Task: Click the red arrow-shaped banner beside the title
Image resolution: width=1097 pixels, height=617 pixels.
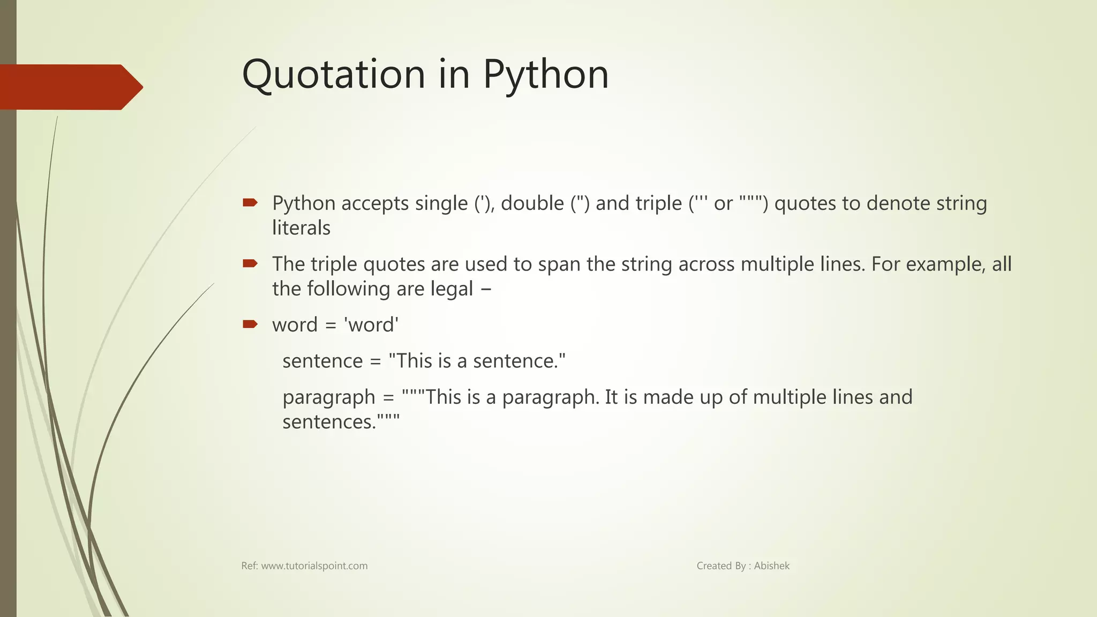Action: coord(70,87)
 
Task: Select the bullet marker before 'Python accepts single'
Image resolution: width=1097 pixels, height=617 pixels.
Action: coord(250,202)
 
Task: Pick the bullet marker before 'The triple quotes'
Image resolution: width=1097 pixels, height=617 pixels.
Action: coord(250,263)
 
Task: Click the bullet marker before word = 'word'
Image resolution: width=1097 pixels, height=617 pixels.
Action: coord(250,324)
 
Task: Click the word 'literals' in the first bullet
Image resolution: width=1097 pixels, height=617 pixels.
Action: coord(301,228)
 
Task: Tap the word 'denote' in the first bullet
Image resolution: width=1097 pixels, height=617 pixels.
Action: coord(898,204)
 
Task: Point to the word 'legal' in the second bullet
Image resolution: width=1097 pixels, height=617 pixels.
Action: coord(452,289)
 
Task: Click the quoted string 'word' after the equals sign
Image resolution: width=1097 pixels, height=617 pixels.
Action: coord(371,325)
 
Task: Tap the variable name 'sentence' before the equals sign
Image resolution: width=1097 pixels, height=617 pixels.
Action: coord(322,361)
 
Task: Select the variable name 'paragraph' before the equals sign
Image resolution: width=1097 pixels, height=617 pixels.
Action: coord(329,398)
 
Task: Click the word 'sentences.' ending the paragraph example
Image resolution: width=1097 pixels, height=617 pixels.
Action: coord(329,422)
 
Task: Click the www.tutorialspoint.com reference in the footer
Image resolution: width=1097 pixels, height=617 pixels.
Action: coord(314,566)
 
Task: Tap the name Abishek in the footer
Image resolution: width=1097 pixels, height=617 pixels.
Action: coord(771,566)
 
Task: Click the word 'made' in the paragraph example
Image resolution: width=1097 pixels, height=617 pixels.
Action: coord(666,397)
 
